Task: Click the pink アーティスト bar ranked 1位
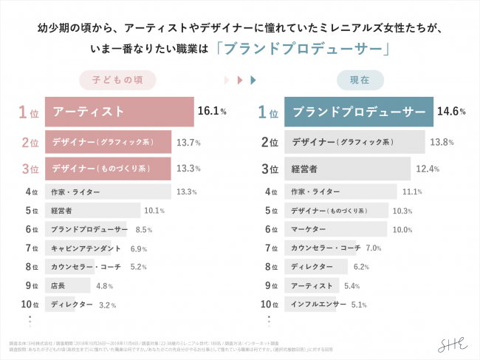[119, 112]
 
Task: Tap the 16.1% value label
[211, 112]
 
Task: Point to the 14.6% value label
[451, 112]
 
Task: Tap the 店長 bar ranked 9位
[68, 285]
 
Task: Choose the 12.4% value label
[428, 169]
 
